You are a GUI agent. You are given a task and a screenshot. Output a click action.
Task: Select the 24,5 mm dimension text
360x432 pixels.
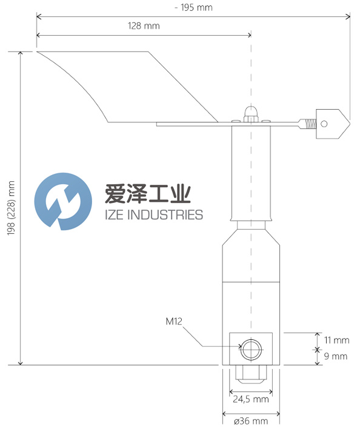[250, 399]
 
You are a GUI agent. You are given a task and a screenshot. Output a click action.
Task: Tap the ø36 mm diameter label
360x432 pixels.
[250, 421]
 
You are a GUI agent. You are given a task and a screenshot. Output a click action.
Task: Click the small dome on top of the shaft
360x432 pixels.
[251, 113]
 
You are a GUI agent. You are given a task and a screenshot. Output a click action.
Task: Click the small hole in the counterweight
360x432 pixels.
[325, 124]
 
